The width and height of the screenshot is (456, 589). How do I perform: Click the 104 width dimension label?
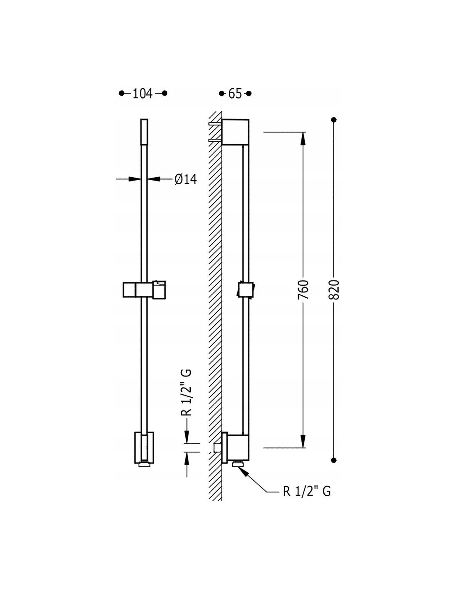(143, 94)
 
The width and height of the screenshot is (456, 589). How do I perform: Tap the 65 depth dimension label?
(235, 94)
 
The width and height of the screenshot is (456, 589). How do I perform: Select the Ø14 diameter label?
(186, 179)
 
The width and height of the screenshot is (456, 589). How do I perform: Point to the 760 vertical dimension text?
(303, 290)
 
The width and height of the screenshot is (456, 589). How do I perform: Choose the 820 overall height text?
(334, 290)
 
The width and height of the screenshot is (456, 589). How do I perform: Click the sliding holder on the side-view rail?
(245, 290)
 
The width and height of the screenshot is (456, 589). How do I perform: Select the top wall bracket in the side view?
(235, 132)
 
